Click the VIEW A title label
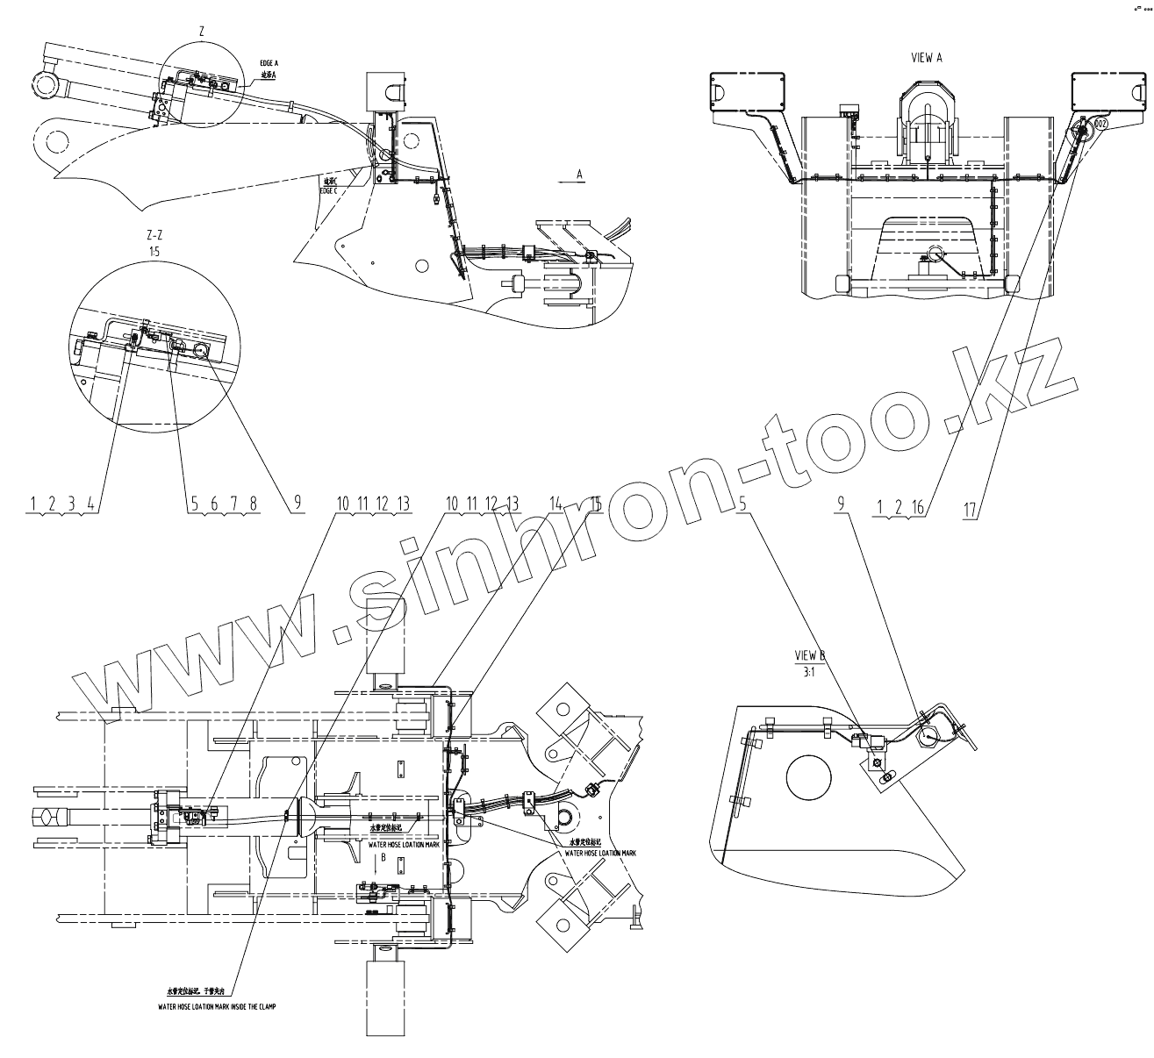pyautogui.click(x=927, y=58)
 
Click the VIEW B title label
pyautogui.click(x=810, y=655)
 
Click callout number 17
pyautogui.click(x=970, y=508)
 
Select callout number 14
pyautogui.click(x=555, y=504)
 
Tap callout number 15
pyautogui.click(x=595, y=504)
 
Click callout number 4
pyautogui.click(x=90, y=504)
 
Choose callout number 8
pyautogui.click(x=254, y=504)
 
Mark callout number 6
pyautogui.click(x=213, y=504)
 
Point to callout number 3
pyautogui.click(x=71, y=504)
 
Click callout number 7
pyautogui.click(x=233, y=504)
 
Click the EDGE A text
pyautogui.click(x=269, y=63)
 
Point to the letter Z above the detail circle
pyautogui.click(x=202, y=32)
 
